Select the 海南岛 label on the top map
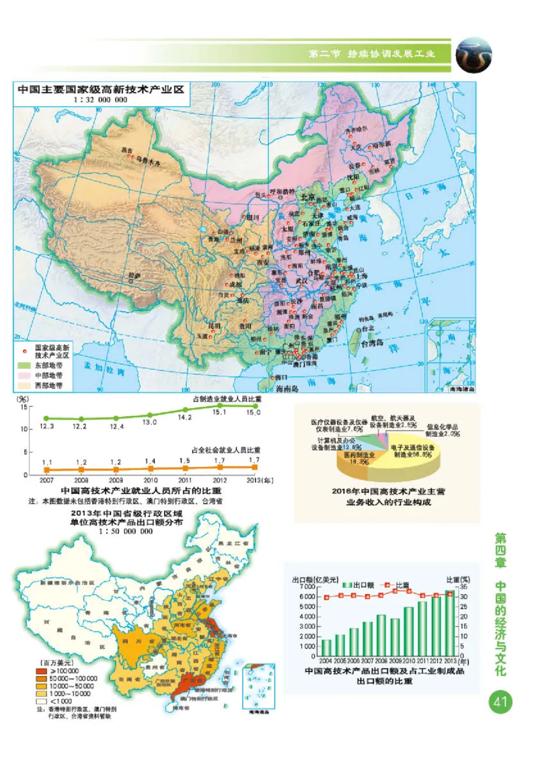click(x=288, y=388)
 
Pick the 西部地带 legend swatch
click(x=25, y=386)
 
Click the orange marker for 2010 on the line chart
click(x=149, y=469)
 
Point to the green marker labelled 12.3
click(x=46, y=418)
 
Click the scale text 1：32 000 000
click(x=101, y=99)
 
